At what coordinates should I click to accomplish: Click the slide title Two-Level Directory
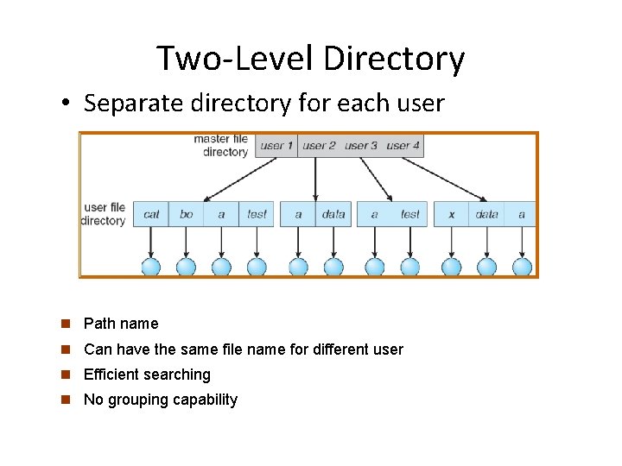(310, 59)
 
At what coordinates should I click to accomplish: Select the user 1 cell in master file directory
(276, 146)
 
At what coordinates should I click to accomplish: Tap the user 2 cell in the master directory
(319, 146)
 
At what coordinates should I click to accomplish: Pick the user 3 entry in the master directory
(361, 146)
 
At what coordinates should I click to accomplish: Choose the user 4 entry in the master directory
(403, 146)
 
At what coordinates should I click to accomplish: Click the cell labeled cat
(151, 214)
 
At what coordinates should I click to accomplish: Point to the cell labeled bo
(187, 214)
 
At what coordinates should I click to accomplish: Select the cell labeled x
(451, 214)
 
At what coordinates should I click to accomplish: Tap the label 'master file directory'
(221, 145)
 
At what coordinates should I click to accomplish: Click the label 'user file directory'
(105, 213)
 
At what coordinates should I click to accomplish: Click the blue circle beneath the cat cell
(151, 267)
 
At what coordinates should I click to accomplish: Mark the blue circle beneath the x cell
(451, 267)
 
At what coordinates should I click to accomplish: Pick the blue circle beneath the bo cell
(187, 267)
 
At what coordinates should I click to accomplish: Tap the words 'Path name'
(121, 324)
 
